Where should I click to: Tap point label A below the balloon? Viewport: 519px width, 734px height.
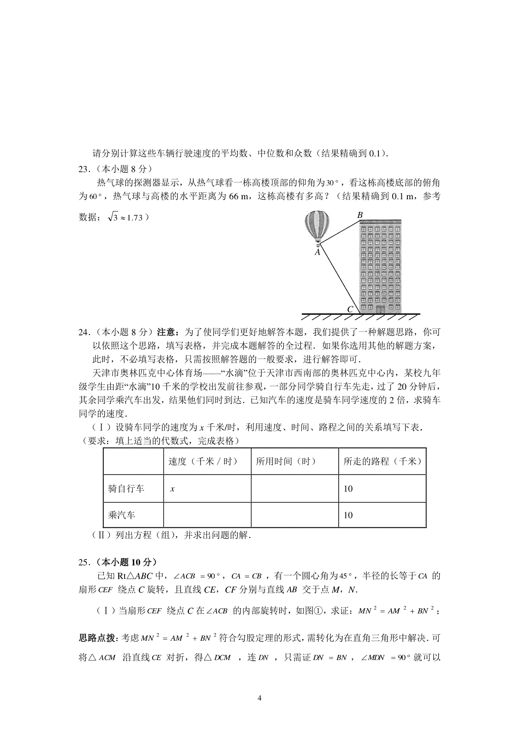pyautogui.click(x=317, y=252)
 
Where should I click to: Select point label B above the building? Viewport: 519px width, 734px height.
pyautogui.click(x=359, y=215)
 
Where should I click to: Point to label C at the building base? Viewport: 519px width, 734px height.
pyautogui.click(x=351, y=309)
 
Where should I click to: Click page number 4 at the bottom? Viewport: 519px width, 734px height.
pyautogui.click(x=259, y=698)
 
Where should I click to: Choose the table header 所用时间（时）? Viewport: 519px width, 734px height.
pyautogui.click(x=286, y=461)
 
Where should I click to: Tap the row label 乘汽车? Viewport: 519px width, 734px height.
pyautogui.click(x=122, y=515)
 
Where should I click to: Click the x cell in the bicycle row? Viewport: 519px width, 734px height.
pyautogui.click(x=173, y=489)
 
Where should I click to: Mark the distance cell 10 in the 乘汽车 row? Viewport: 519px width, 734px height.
pyautogui.click(x=348, y=515)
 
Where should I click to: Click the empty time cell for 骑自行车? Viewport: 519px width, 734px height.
pyautogui.click(x=294, y=489)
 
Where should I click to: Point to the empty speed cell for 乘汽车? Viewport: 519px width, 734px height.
pyautogui.click(x=207, y=515)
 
